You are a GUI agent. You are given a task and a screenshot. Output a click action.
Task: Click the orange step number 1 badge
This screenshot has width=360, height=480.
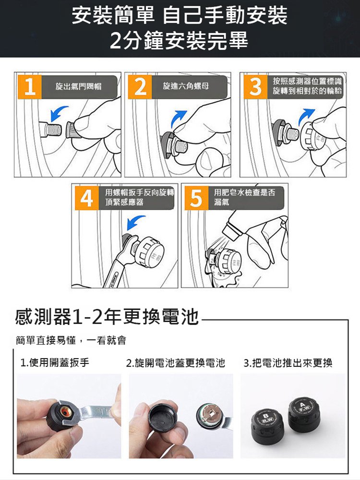click(x=29, y=86)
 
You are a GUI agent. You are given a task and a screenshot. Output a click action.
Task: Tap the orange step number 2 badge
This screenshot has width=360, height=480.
click(x=140, y=86)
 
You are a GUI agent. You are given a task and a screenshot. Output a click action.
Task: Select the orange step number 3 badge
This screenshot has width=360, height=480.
click(x=256, y=86)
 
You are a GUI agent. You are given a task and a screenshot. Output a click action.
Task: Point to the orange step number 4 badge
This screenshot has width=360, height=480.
click(x=86, y=197)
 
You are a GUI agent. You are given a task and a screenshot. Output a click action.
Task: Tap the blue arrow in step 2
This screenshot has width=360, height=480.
click(x=179, y=117)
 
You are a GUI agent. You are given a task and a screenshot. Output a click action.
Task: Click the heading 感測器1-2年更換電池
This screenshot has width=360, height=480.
click(x=107, y=317)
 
